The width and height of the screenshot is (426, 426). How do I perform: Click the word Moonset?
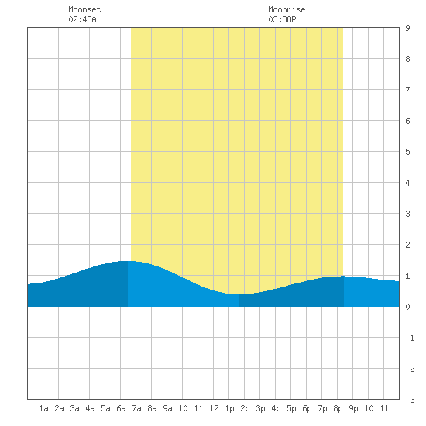click(x=84, y=9)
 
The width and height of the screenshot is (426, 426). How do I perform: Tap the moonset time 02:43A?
click(x=82, y=19)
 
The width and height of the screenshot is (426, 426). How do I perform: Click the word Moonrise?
click(x=287, y=9)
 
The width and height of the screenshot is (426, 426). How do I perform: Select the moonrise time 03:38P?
click(x=282, y=19)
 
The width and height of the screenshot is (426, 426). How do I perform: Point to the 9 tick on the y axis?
click(x=407, y=28)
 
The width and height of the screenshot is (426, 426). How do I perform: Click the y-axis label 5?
click(x=407, y=152)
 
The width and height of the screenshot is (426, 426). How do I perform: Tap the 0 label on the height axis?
click(x=407, y=307)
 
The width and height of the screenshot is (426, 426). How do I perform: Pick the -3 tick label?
click(x=410, y=400)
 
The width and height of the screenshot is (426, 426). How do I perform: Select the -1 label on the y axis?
click(x=410, y=338)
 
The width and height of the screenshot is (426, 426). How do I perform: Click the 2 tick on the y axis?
click(x=407, y=245)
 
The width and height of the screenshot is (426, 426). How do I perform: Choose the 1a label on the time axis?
click(x=43, y=408)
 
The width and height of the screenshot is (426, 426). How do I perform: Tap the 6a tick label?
click(x=121, y=408)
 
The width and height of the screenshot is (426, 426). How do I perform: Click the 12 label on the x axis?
click(x=214, y=408)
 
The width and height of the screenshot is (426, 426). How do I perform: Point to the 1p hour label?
click(x=229, y=408)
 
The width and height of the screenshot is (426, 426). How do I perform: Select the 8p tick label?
click(x=338, y=408)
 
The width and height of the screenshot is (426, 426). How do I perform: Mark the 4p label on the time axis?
click(x=276, y=408)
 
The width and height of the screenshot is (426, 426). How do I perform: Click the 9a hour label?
click(x=167, y=408)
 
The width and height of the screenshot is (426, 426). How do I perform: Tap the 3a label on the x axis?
click(x=74, y=408)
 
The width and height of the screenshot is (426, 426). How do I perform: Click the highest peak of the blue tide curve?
click(x=128, y=261)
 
